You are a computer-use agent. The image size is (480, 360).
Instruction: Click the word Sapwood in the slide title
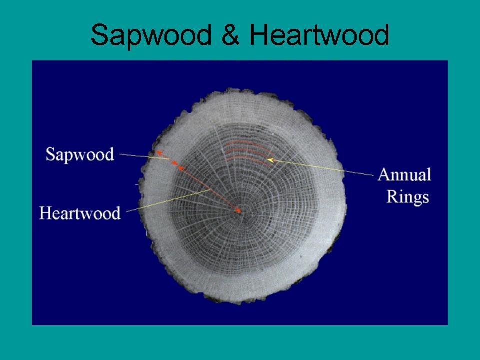151,35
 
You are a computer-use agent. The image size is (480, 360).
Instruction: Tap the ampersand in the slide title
230,34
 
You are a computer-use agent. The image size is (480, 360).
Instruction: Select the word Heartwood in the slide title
319,34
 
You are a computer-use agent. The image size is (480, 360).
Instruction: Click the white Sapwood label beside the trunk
80,154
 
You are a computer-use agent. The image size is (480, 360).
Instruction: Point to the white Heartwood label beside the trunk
80,213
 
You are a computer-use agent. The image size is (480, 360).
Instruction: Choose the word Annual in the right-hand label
404,175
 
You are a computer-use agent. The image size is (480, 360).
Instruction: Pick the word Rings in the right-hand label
408,197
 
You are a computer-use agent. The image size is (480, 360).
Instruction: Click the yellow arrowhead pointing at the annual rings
270,160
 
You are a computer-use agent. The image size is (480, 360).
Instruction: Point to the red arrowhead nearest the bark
159,152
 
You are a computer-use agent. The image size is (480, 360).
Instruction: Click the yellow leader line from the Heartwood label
168,201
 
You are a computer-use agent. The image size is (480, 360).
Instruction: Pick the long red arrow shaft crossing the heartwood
209,189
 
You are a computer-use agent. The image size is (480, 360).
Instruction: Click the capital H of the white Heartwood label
45,213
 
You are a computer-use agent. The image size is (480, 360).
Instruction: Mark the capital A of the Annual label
383,175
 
